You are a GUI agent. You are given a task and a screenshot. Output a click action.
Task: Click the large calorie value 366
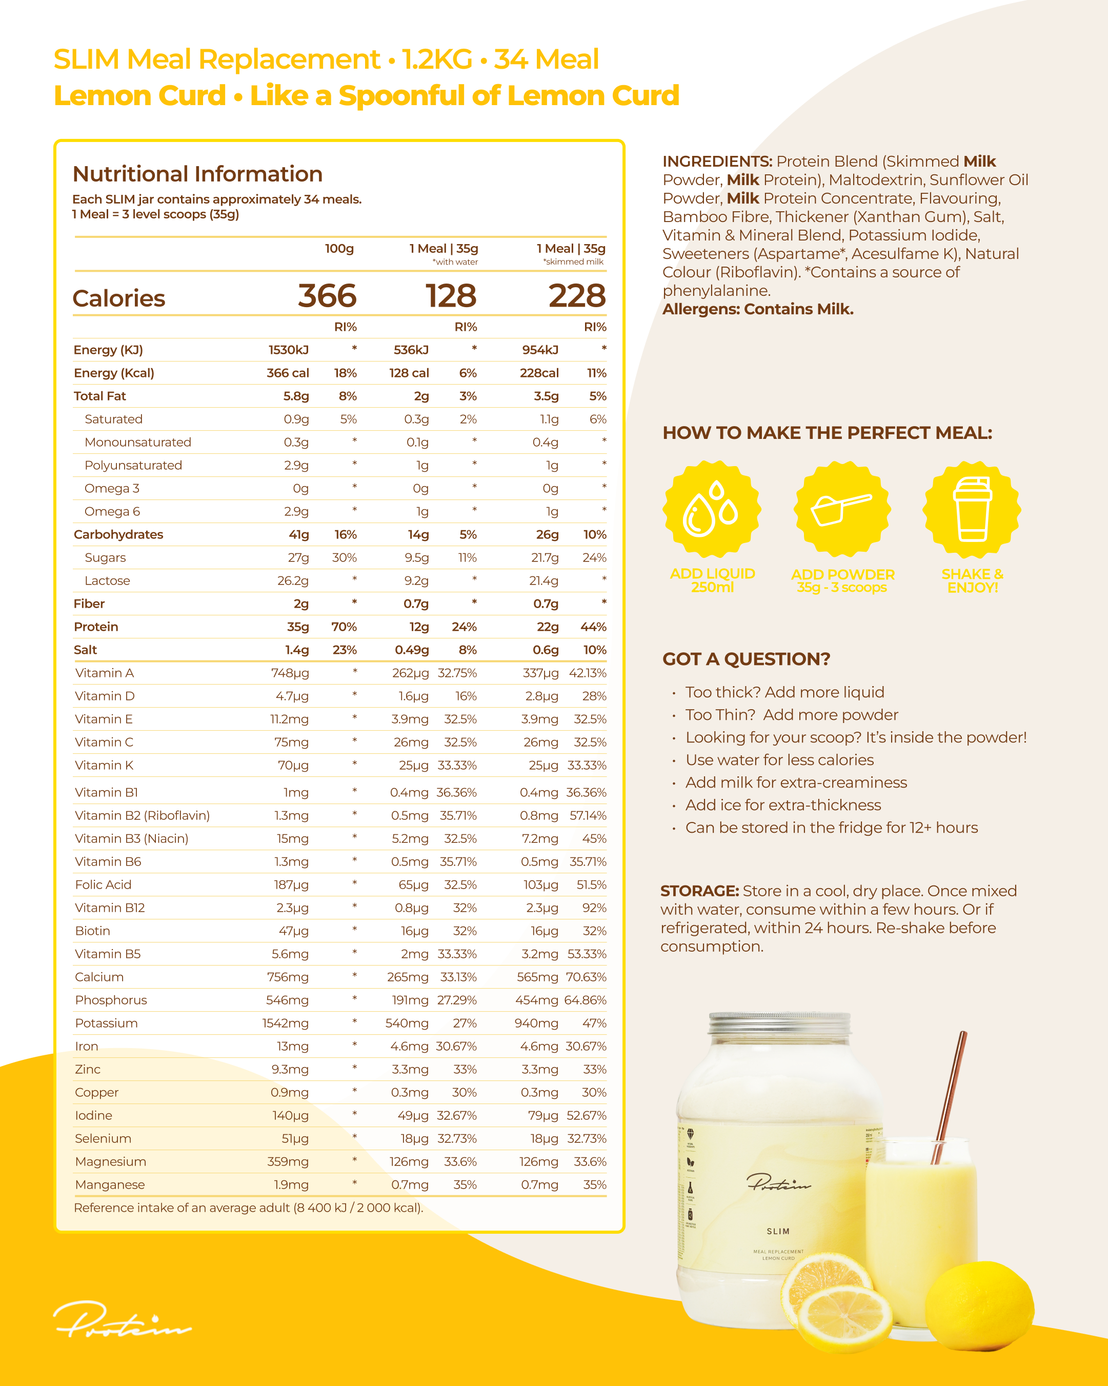coord(327,296)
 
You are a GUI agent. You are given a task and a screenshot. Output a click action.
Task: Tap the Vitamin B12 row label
coord(109,908)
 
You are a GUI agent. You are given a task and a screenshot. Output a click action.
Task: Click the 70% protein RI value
coord(344,627)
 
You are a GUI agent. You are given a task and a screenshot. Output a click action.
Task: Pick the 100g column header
coord(339,249)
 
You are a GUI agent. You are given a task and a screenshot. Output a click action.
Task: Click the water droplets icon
coord(712,509)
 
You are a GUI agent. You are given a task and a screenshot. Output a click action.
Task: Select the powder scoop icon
coord(841,509)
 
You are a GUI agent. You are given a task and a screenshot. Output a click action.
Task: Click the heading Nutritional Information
coord(197,174)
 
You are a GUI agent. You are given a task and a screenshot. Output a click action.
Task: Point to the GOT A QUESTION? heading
coord(746,659)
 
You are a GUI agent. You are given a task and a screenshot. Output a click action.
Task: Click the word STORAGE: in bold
coord(699,891)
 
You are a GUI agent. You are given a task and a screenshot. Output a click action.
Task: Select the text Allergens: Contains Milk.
coord(758,309)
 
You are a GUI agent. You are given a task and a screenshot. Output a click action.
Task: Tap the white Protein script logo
coord(122,1319)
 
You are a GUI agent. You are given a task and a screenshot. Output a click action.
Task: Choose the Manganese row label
coord(109,1185)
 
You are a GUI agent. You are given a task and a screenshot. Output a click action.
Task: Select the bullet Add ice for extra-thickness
coord(783,805)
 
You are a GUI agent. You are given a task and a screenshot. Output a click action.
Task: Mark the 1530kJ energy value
coord(288,350)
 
